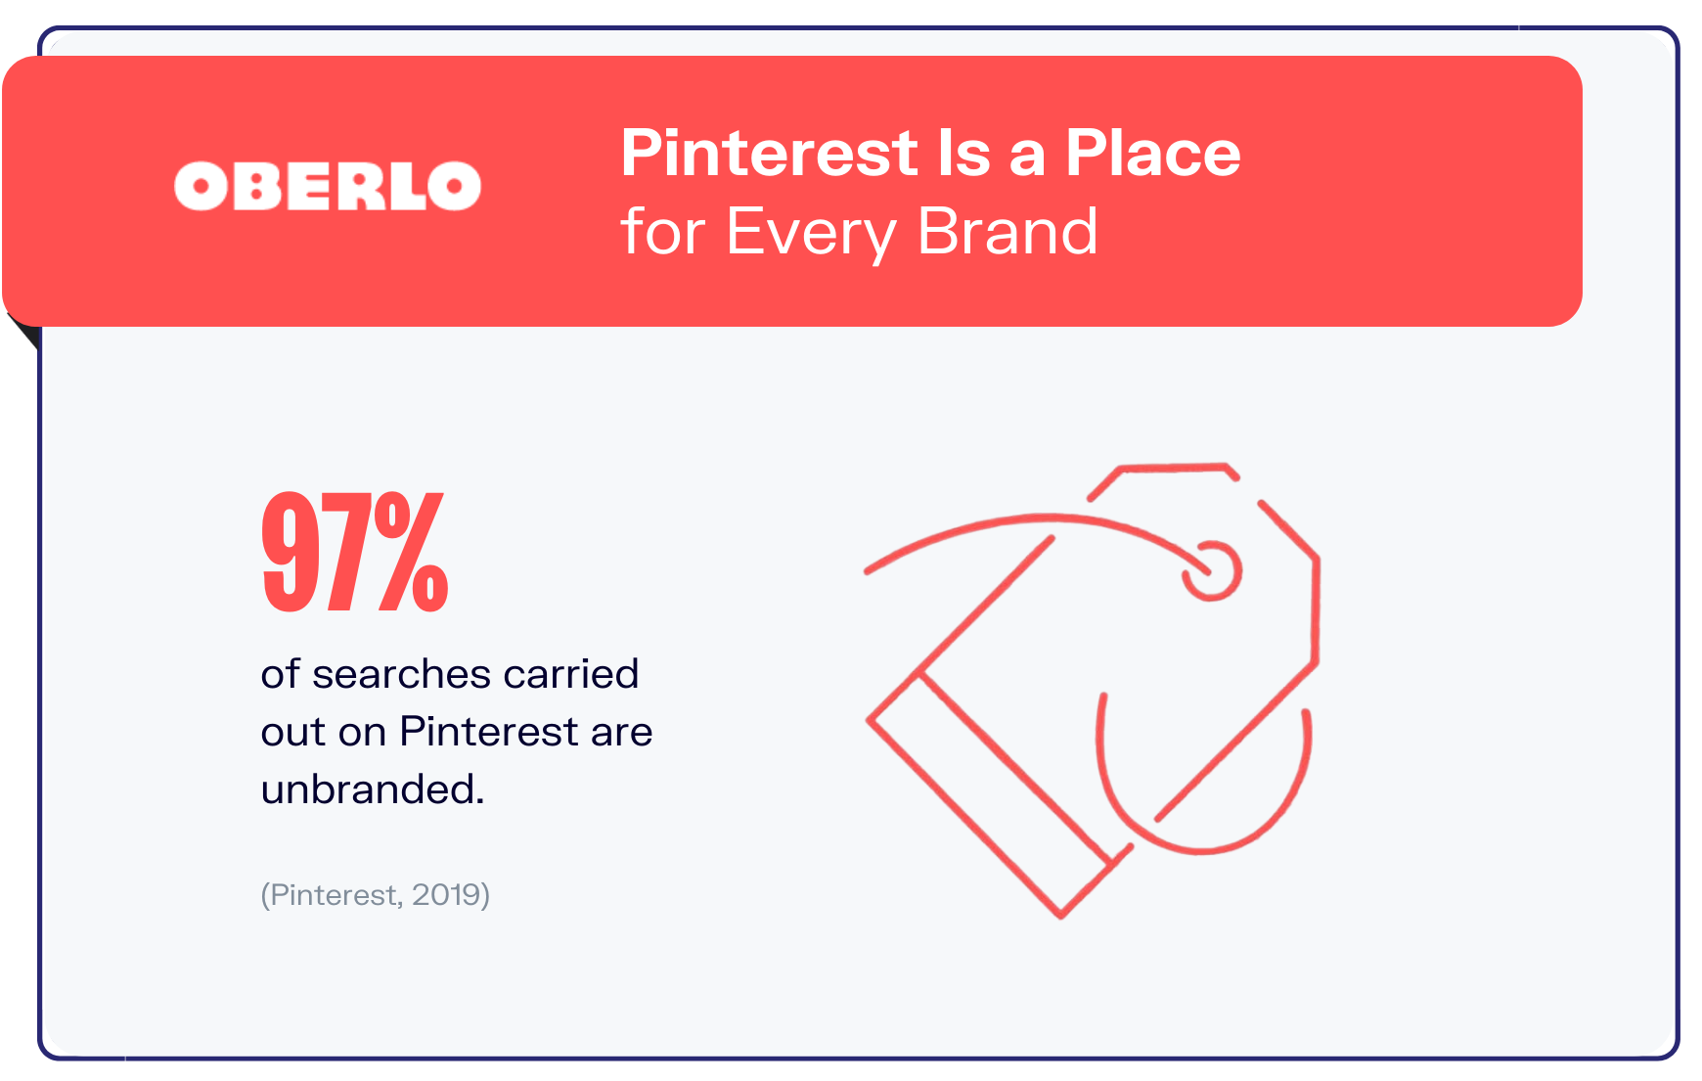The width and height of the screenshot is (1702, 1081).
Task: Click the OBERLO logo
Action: coord(328,186)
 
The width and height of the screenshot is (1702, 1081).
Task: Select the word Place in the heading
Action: coord(1152,154)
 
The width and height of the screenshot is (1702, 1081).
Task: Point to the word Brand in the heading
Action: coord(1008,233)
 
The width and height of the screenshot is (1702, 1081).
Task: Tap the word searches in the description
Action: coord(402,674)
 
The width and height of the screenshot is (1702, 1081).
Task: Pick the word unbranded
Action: coord(372,788)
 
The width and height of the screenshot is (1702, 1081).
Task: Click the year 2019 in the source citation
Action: coord(449,894)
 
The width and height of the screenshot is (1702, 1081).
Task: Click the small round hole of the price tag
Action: coord(1213,569)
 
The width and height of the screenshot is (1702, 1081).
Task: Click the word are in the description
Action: coord(622,732)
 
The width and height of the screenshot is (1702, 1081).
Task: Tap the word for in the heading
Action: coord(663,233)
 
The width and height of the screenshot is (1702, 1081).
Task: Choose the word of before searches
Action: coord(280,674)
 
